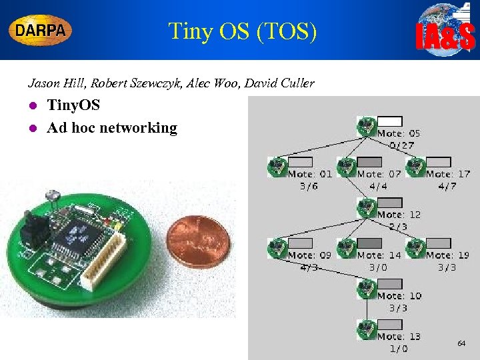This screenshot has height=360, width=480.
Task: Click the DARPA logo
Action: (41, 30)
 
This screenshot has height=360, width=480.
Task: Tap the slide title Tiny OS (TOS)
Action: (242, 31)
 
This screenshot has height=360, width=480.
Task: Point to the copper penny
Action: (197, 241)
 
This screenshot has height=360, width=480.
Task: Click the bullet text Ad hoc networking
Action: (112, 127)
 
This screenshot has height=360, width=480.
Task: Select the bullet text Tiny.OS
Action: (73, 105)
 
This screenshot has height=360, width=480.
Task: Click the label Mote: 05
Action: (399, 133)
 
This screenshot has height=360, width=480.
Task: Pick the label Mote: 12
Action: (399, 215)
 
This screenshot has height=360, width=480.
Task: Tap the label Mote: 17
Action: (447, 174)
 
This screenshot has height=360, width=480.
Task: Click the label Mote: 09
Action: (309, 255)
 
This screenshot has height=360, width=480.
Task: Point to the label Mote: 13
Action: (399, 337)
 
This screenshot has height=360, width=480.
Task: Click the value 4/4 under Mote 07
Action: (378, 186)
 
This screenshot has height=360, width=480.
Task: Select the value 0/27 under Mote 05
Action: (402, 145)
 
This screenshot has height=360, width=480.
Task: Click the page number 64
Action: (461, 343)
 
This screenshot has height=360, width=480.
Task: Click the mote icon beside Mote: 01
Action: (275, 167)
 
